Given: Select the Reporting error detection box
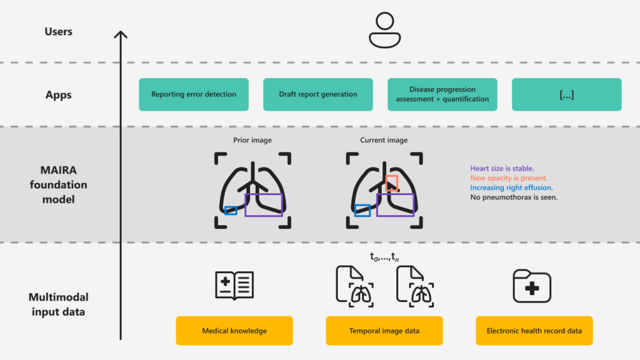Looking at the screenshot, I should pyautogui.click(x=194, y=94).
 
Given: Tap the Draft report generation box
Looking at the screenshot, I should pyautogui.click(x=318, y=94).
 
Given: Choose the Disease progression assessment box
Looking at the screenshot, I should pyautogui.click(x=442, y=94).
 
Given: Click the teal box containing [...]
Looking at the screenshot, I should pyautogui.click(x=566, y=94).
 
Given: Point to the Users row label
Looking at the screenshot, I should pyautogui.click(x=58, y=31).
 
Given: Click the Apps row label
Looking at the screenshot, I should pyautogui.click(x=58, y=95).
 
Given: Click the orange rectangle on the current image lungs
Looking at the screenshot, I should pyautogui.click(x=392, y=183).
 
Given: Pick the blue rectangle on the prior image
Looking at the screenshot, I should pyautogui.click(x=231, y=211).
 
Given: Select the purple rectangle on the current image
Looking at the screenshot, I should pyautogui.click(x=395, y=205).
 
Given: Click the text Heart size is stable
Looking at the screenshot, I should pyautogui.click(x=502, y=168).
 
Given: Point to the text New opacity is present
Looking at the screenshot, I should pyautogui.click(x=509, y=178).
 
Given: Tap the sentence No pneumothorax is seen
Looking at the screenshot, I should pyautogui.click(x=514, y=197).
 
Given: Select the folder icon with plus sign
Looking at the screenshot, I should pyautogui.click(x=532, y=287).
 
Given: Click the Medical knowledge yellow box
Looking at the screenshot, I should pyautogui.click(x=234, y=331).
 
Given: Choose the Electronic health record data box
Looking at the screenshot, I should pyautogui.click(x=534, y=331).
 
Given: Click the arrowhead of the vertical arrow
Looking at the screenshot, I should pyautogui.click(x=121, y=34).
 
